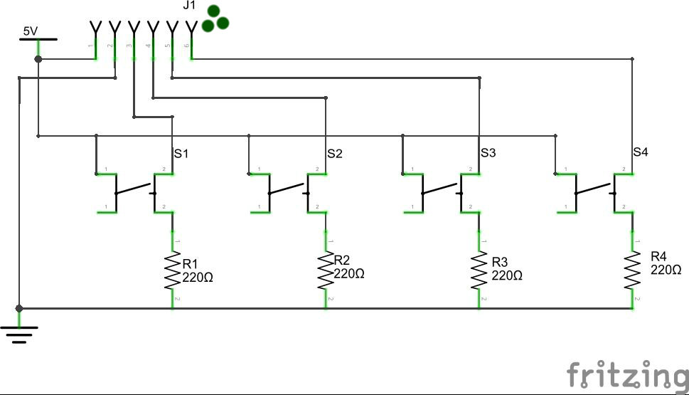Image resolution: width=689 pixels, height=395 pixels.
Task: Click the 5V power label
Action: coord(31,31)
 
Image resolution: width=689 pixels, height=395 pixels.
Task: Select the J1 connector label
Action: coord(189,7)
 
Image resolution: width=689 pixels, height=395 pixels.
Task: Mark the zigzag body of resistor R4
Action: coord(632,269)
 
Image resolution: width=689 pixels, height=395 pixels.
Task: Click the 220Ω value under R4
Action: coord(666,270)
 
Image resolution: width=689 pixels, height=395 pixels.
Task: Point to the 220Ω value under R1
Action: coord(198,278)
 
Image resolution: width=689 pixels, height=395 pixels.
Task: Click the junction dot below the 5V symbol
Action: coord(38,58)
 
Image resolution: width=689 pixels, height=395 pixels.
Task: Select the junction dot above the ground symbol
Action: coord(19,308)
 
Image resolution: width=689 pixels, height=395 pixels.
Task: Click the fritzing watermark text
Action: coord(626,374)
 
